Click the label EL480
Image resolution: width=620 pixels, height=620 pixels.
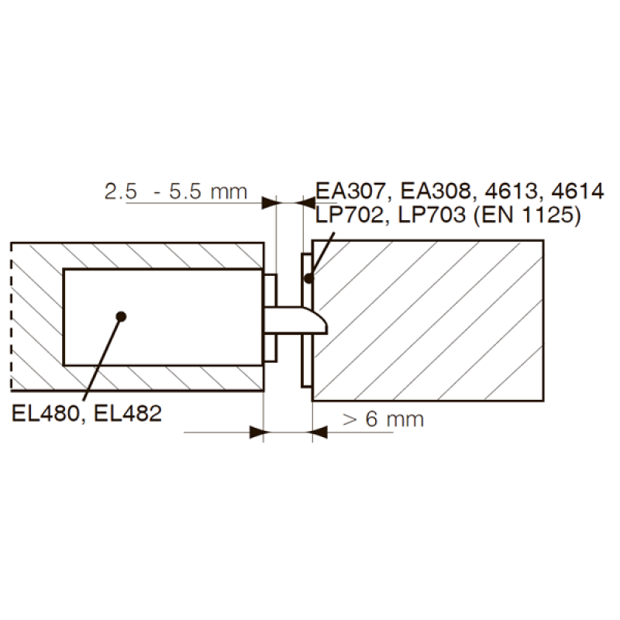tap(46, 414)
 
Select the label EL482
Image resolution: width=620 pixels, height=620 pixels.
tap(127, 414)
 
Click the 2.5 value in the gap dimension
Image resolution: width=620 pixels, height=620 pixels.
tap(121, 191)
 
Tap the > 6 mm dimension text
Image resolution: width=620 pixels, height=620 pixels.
tap(383, 419)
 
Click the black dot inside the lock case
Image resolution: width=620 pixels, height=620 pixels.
tap(121, 315)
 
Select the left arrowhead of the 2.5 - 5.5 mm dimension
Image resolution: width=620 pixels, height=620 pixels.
tap(269, 203)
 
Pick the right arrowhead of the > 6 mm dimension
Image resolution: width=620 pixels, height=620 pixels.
tap(319, 431)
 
